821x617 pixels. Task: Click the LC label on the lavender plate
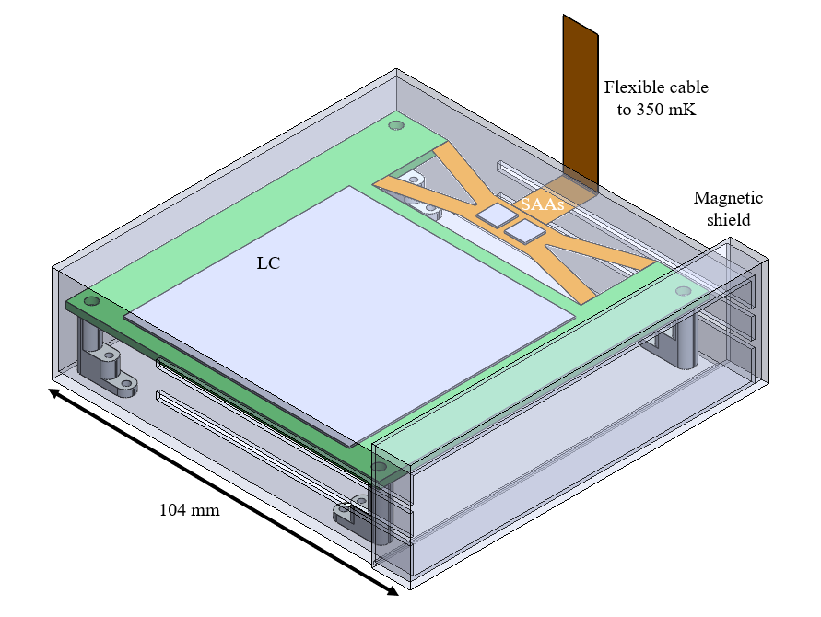[267, 262]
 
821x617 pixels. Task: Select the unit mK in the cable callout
[688, 110]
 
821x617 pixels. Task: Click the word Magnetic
[728, 198]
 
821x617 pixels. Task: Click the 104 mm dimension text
[190, 509]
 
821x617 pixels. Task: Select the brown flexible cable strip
[581, 101]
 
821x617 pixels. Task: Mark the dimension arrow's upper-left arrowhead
[54, 392]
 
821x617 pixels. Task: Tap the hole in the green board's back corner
[395, 125]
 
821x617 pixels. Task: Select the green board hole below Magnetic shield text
[682, 291]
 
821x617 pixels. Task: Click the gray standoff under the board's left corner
[98, 355]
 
